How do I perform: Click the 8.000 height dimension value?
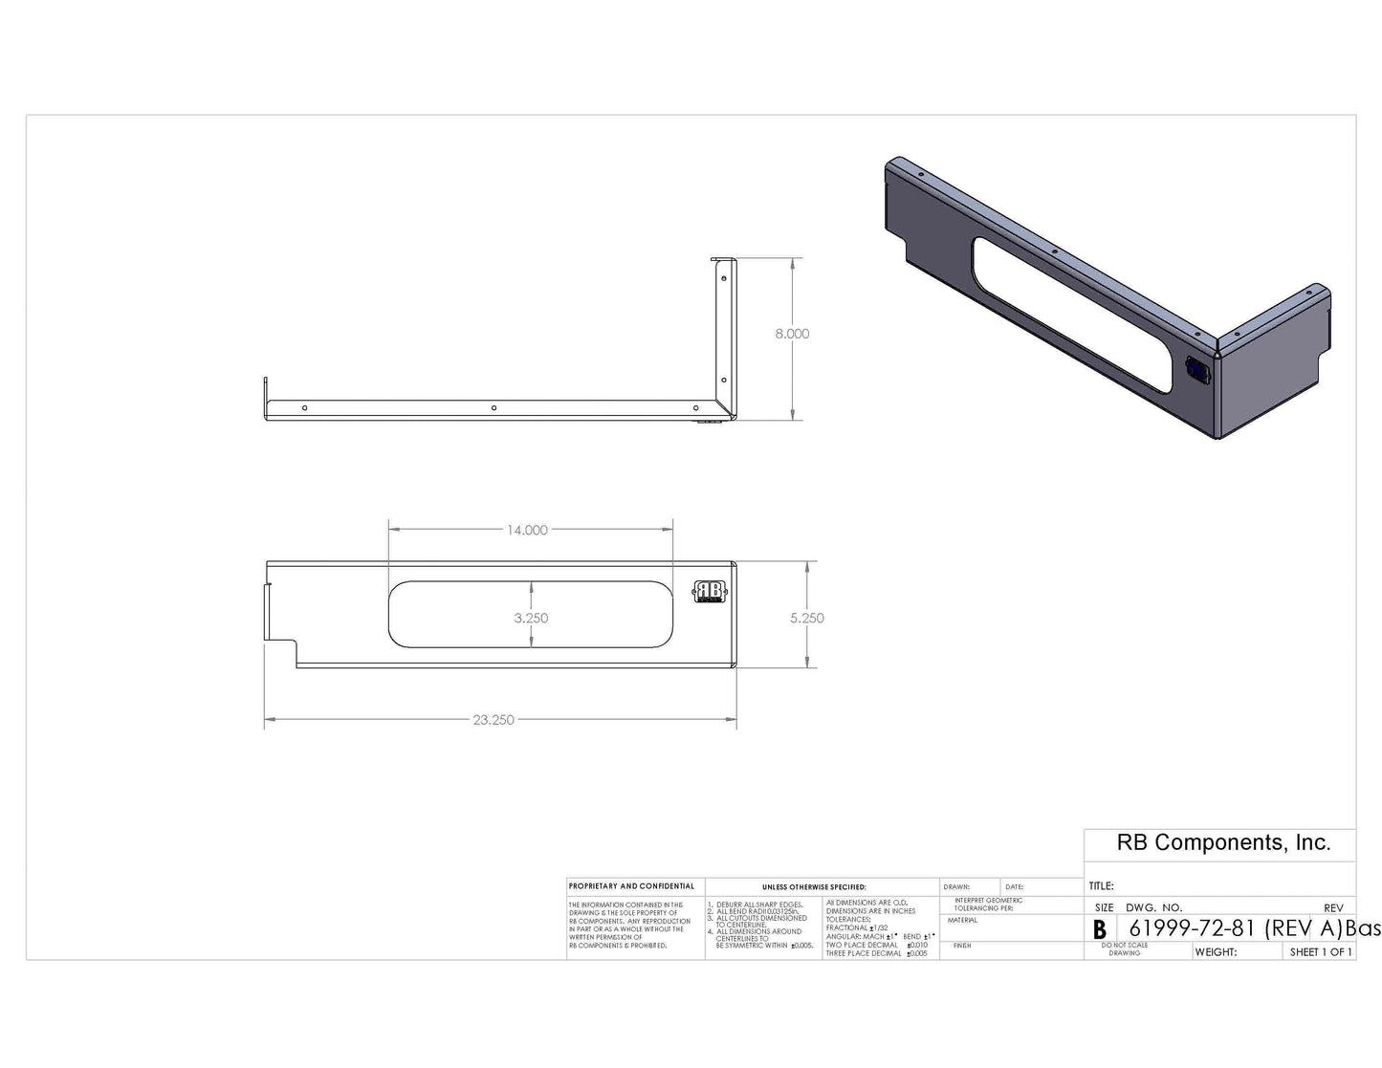pos(792,334)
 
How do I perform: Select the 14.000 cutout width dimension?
pos(527,530)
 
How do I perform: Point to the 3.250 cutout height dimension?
pos(531,618)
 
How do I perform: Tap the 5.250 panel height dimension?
pos(807,618)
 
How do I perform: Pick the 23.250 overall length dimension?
pos(494,720)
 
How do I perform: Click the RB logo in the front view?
pos(710,592)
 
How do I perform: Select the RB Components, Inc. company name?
pos(1223,842)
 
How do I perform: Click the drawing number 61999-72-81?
pos(1191,928)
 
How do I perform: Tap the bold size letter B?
pos(1100,929)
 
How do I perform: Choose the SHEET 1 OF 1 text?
pos(1321,952)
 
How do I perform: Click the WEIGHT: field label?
pos(1217,952)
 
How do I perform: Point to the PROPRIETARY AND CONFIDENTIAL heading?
pos(631,886)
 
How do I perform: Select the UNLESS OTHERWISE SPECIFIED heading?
pos(814,887)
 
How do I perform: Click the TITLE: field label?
pos(1102,886)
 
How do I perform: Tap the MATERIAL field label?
pos(962,920)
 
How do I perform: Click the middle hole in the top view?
pos(494,408)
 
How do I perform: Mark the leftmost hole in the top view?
pos(304,408)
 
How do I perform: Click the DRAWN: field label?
pos(956,887)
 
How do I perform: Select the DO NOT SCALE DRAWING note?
pos(1125,948)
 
